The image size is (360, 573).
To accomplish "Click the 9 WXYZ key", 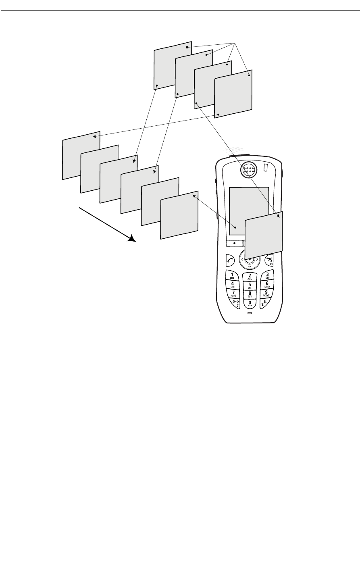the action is (x=266, y=293).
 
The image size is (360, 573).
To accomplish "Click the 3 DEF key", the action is (x=267, y=276).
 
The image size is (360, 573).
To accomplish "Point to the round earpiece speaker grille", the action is (x=249, y=170).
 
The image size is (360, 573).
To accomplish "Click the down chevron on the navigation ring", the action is (x=250, y=267).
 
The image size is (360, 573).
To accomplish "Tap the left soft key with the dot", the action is (x=234, y=244).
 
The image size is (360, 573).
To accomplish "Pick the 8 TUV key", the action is (x=250, y=294).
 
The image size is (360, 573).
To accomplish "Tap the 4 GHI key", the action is (x=233, y=285).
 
